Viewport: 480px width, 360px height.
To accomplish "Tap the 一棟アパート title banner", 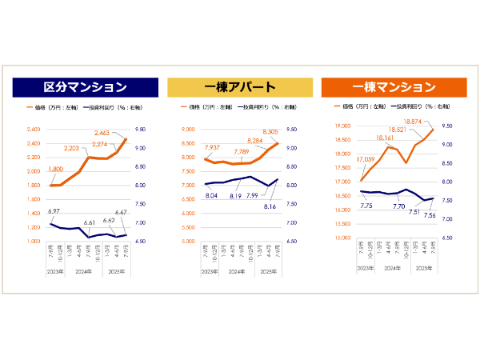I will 240,87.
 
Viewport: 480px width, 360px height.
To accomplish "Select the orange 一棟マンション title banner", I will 394,86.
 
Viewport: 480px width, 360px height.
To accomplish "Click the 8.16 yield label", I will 270,206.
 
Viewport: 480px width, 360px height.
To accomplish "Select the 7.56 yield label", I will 429,215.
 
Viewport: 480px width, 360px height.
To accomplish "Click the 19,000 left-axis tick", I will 343,126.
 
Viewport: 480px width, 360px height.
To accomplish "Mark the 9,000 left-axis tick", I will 189,130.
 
